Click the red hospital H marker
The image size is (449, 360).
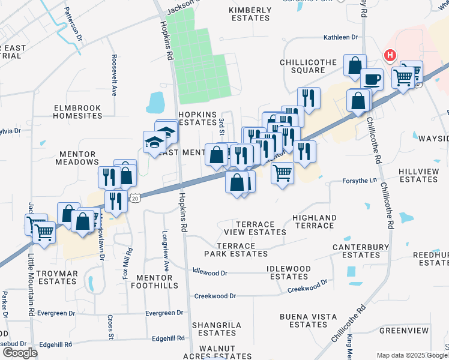tap(390, 56)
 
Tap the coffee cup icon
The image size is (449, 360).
tap(372, 79)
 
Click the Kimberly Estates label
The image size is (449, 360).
tap(250, 14)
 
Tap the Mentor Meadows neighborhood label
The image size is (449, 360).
tap(77, 158)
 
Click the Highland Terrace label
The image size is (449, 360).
tap(313, 221)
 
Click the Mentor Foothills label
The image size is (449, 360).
tap(157, 281)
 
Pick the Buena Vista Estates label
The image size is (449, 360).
tap(307, 320)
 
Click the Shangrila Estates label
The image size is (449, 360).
tap(217, 329)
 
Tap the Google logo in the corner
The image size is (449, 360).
tap(20, 353)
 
